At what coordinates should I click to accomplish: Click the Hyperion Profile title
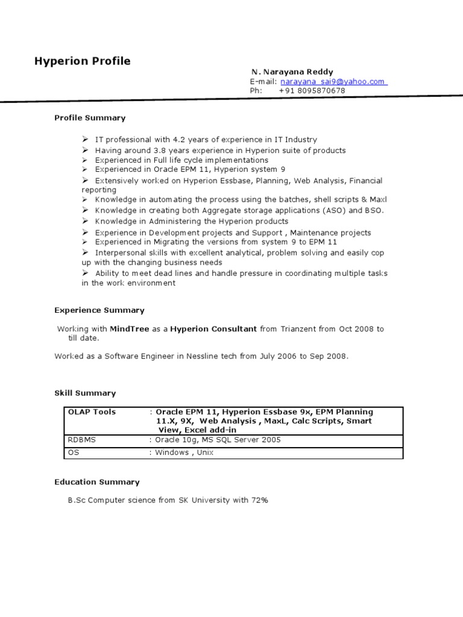82,61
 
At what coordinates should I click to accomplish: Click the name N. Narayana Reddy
292,72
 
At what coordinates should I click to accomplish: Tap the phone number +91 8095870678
312,90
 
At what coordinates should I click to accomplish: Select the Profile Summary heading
90,117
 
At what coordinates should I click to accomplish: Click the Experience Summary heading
99,310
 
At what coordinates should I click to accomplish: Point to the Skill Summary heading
85,393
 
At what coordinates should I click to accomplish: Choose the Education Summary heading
96,482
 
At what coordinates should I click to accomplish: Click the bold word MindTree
130,329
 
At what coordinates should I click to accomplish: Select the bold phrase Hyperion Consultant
213,329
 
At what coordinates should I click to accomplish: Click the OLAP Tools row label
92,412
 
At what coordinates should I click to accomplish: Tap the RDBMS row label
81,440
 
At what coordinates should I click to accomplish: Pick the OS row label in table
73,453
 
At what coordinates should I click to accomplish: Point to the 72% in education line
260,500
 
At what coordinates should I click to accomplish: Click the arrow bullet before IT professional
86,139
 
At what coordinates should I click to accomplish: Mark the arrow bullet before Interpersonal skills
86,252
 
